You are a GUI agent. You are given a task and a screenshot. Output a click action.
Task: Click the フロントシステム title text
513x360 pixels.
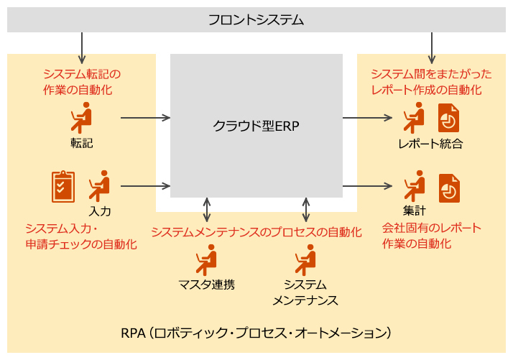(256, 19)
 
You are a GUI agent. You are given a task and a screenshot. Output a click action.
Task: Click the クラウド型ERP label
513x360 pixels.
(256, 126)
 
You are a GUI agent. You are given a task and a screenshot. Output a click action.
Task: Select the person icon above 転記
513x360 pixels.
(81, 116)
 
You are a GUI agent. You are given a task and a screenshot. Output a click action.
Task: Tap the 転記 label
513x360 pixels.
(82, 142)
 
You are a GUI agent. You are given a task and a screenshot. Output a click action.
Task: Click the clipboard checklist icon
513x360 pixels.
(63, 186)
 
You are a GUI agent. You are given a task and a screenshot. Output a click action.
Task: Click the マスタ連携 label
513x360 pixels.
(207, 284)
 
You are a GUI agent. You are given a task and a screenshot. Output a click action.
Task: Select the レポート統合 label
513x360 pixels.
(430, 144)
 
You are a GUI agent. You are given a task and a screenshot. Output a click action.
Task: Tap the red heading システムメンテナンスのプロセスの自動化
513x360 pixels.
(256, 233)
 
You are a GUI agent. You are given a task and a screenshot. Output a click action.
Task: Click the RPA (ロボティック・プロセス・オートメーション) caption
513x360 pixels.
(256, 333)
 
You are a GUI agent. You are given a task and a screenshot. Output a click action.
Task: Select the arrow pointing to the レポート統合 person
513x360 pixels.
(374, 117)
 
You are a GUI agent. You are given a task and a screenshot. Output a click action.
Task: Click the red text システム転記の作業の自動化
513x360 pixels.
(81, 81)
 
